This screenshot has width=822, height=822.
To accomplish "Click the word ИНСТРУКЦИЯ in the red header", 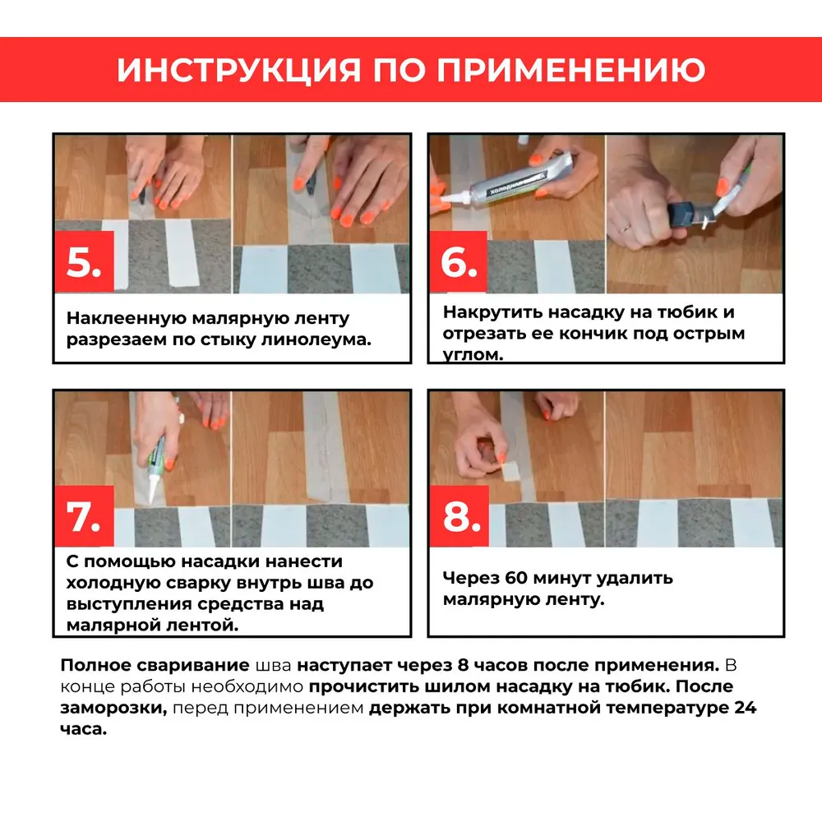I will pyautogui.click(x=238, y=70).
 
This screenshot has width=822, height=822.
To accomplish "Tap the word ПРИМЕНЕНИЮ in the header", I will pyautogui.click(x=570, y=70).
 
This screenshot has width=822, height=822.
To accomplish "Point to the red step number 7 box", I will pyautogui.click(x=84, y=518).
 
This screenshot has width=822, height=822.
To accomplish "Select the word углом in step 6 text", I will pyautogui.click(x=471, y=355).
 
